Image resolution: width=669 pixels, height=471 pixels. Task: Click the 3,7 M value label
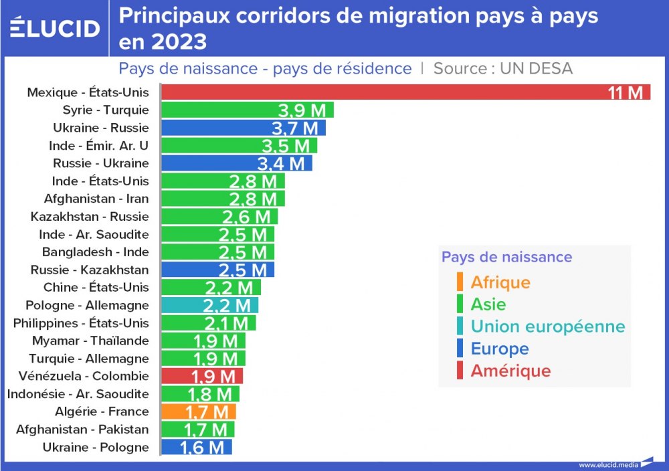[295, 128]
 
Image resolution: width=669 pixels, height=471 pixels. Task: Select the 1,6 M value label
[202, 448]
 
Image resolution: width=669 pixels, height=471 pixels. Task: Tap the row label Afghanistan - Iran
[96, 199]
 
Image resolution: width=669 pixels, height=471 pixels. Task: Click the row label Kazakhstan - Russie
[90, 217]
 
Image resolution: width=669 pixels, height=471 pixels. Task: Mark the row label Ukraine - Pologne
[96, 447]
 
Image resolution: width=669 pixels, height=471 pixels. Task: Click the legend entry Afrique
[500, 282]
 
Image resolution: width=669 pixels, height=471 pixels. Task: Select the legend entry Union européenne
[547, 326]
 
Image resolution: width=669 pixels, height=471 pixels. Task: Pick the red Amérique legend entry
[510, 371]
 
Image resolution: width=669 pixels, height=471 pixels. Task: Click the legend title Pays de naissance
[506, 257]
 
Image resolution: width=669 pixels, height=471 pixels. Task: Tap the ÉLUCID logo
[55, 28]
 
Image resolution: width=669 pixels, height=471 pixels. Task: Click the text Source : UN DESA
[502, 68]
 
